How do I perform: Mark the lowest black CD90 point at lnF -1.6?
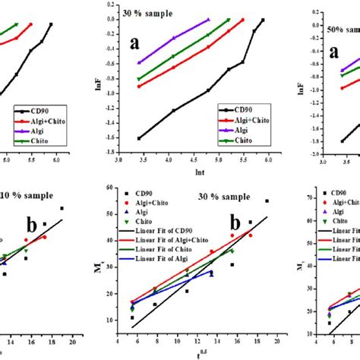coord(139,138)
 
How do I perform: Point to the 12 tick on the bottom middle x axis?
coord(200,340)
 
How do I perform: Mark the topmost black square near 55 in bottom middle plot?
coord(267,201)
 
